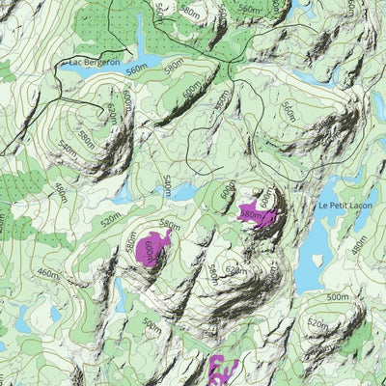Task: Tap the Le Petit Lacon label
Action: tap(345, 205)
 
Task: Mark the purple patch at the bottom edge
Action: tap(223, 371)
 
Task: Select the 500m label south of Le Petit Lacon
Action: tap(337, 296)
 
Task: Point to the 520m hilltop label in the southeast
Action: tap(316, 324)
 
